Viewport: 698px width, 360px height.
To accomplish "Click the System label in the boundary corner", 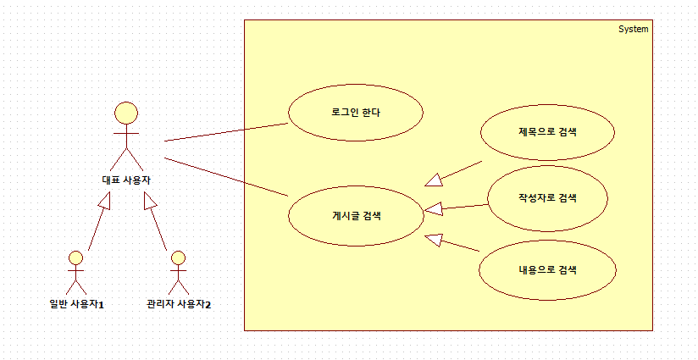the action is pyautogui.click(x=633, y=29).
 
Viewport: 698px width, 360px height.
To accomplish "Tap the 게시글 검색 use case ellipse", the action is pyautogui.click(x=355, y=215).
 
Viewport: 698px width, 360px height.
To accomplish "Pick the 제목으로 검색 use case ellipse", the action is pyautogui.click(x=546, y=132).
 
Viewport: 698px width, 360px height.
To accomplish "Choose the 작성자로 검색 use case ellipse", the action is pyautogui.click(x=546, y=198).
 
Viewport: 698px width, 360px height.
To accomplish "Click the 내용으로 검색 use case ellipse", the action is pyautogui.click(x=546, y=270).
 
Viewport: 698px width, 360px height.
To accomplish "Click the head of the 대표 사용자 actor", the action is pyautogui.click(x=126, y=114).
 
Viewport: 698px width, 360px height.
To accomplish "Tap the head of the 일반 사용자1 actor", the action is pyautogui.click(x=76, y=258).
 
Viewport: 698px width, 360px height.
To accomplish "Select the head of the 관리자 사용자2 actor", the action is pyautogui.click(x=177, y=258).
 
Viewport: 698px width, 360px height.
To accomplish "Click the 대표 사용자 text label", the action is pyautogui.click(x=126, y=180).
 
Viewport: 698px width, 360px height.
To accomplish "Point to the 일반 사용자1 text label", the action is pyautogui.click(x=76, y=303).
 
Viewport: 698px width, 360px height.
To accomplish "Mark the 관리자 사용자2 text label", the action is pyautogui.click(x=178, y=303).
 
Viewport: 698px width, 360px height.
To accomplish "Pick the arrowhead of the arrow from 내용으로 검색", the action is pyautogui.click(x=434, y=239).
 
